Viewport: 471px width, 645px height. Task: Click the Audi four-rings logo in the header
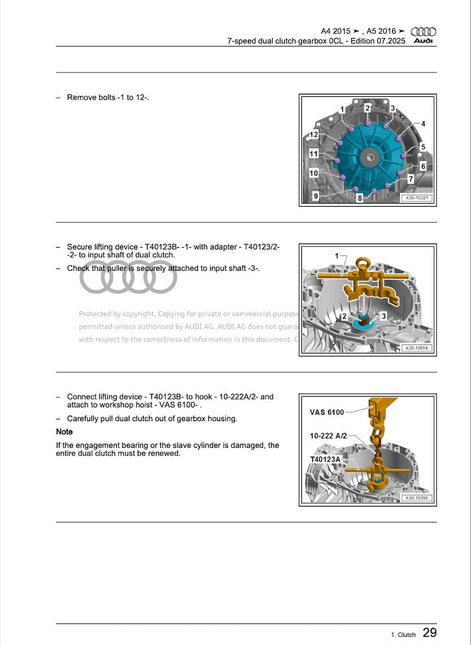(424, 31)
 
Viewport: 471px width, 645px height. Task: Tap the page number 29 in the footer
(429, 633)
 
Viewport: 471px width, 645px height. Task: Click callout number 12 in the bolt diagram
(314, 135)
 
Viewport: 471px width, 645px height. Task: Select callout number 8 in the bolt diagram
(359, 198)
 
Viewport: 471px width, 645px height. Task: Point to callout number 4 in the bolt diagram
(423, 124)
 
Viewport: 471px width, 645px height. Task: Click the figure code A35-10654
(416, 349)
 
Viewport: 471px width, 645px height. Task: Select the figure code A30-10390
(416, 498)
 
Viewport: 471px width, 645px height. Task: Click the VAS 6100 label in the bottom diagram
(326, 412)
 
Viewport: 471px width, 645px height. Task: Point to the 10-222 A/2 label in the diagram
(328, 435)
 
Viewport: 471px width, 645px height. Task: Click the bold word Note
(64, 432)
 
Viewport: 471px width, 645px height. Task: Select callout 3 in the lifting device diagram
(383, 316)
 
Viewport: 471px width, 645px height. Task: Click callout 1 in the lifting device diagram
(337, 256)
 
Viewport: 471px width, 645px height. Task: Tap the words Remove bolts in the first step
(89, 97)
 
